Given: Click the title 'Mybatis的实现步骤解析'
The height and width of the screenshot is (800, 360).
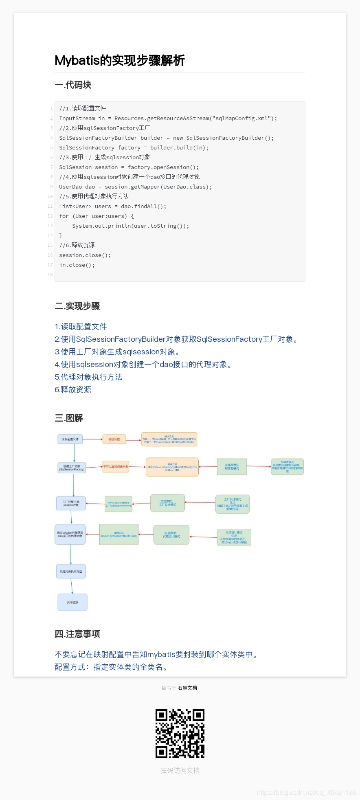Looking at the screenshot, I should tap(120, 60).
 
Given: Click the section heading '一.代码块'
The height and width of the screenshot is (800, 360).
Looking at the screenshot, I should tap(73, 85).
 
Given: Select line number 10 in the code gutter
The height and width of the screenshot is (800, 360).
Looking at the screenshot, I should tap(50, 196).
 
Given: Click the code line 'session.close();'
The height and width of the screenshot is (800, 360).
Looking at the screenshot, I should tap(85, 255).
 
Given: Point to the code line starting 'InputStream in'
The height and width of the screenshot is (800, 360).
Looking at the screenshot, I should tap(168, 118).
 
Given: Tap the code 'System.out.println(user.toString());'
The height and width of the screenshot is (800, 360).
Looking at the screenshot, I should tap(130, 226).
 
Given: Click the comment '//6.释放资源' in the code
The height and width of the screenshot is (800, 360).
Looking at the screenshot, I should tap(77, 245).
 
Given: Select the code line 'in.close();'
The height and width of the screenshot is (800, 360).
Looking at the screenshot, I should tap(77, 265).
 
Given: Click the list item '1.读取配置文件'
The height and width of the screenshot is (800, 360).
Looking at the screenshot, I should tap(81, 327).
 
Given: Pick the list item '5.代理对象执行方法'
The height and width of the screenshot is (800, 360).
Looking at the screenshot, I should tap(88, 377).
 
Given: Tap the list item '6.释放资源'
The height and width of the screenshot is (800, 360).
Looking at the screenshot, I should tap(73, 390).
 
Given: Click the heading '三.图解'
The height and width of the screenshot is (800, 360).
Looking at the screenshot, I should tap(69, 418).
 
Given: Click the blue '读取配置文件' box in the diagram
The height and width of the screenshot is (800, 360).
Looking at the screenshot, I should tap(70, 439).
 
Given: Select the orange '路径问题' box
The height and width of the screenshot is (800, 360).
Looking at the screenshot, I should tap(114, 440).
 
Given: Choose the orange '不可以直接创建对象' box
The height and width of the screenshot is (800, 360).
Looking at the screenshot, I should tap(116, 467).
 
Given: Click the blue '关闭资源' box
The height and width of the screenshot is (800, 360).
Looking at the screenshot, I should tap(72, 602).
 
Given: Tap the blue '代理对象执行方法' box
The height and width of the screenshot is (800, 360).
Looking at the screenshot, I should tap(71, 571).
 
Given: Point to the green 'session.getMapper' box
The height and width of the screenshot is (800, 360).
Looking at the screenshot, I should tap(119, 534).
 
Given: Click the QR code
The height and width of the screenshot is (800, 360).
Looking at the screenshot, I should tap(180, 733).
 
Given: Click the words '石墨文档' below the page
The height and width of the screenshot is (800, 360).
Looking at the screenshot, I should tap(187, 688).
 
